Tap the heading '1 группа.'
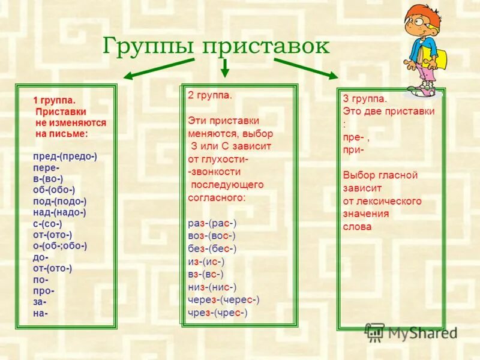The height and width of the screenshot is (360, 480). tap(58, 101)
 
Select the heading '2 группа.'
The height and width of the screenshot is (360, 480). tap(209, 95)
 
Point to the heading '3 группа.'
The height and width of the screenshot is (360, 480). tap(365, 99)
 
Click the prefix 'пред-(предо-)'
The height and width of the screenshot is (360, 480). tap(65, 156)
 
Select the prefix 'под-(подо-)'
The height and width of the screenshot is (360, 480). tap(60, 201)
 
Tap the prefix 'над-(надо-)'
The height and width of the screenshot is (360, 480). tap(60, 212)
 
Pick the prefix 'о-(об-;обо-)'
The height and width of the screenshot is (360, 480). tap(60, 245)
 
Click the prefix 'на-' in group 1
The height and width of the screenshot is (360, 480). tap(41, 313)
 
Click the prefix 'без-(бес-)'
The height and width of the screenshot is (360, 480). tap(212, 248)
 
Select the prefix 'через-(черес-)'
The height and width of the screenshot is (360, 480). tap(223, 299)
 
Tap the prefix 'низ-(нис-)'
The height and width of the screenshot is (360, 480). tap(212, 287)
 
